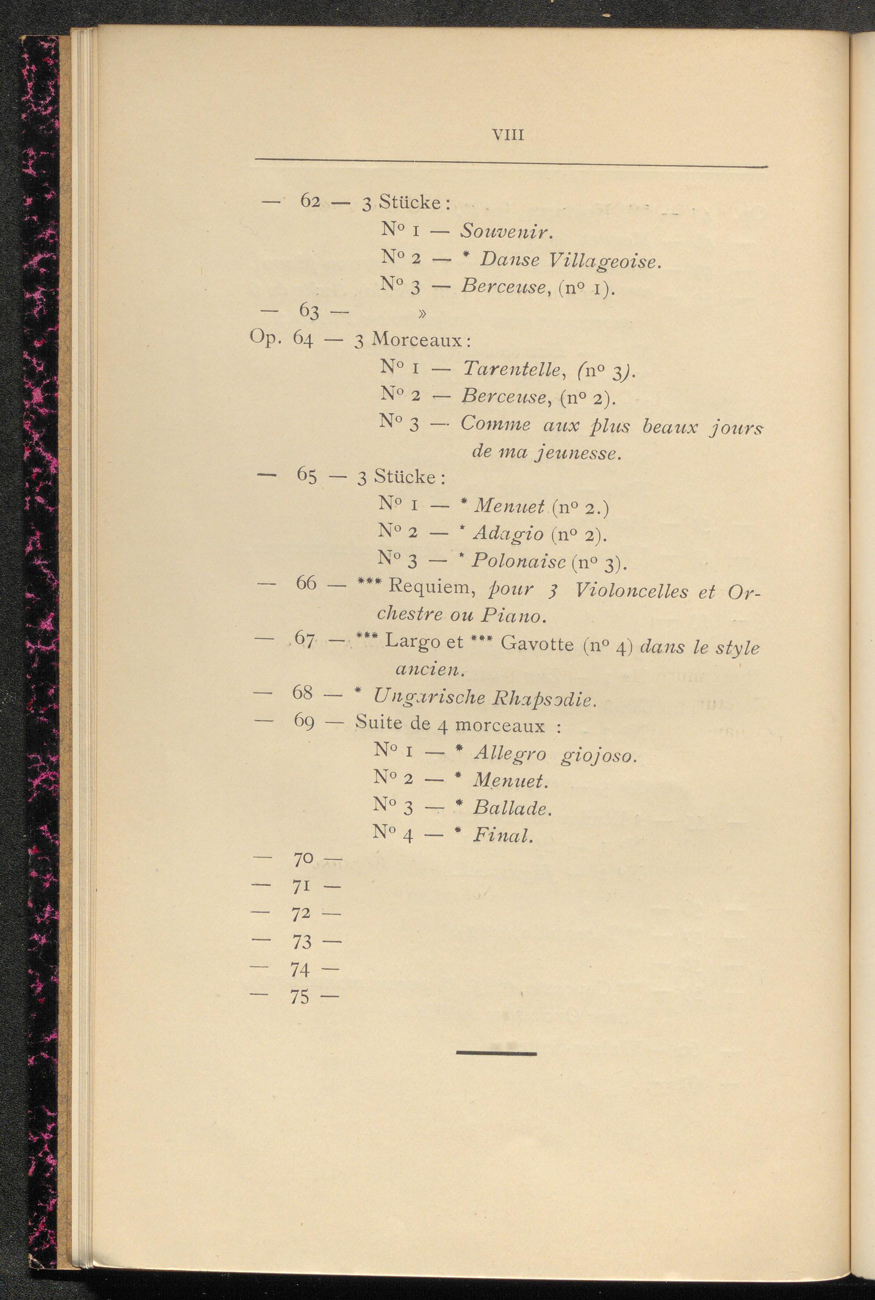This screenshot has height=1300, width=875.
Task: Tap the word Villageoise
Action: pos(604,261)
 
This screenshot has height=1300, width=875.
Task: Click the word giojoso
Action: pos(598,756)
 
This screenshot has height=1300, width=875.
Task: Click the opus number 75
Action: pos(300,997)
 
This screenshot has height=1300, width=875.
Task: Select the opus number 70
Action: pos(303,860)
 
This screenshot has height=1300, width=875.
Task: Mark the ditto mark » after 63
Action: pos(422,314)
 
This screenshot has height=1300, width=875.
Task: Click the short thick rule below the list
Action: pos(496,1053)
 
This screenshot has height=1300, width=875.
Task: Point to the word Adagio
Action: pos(508,534)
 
